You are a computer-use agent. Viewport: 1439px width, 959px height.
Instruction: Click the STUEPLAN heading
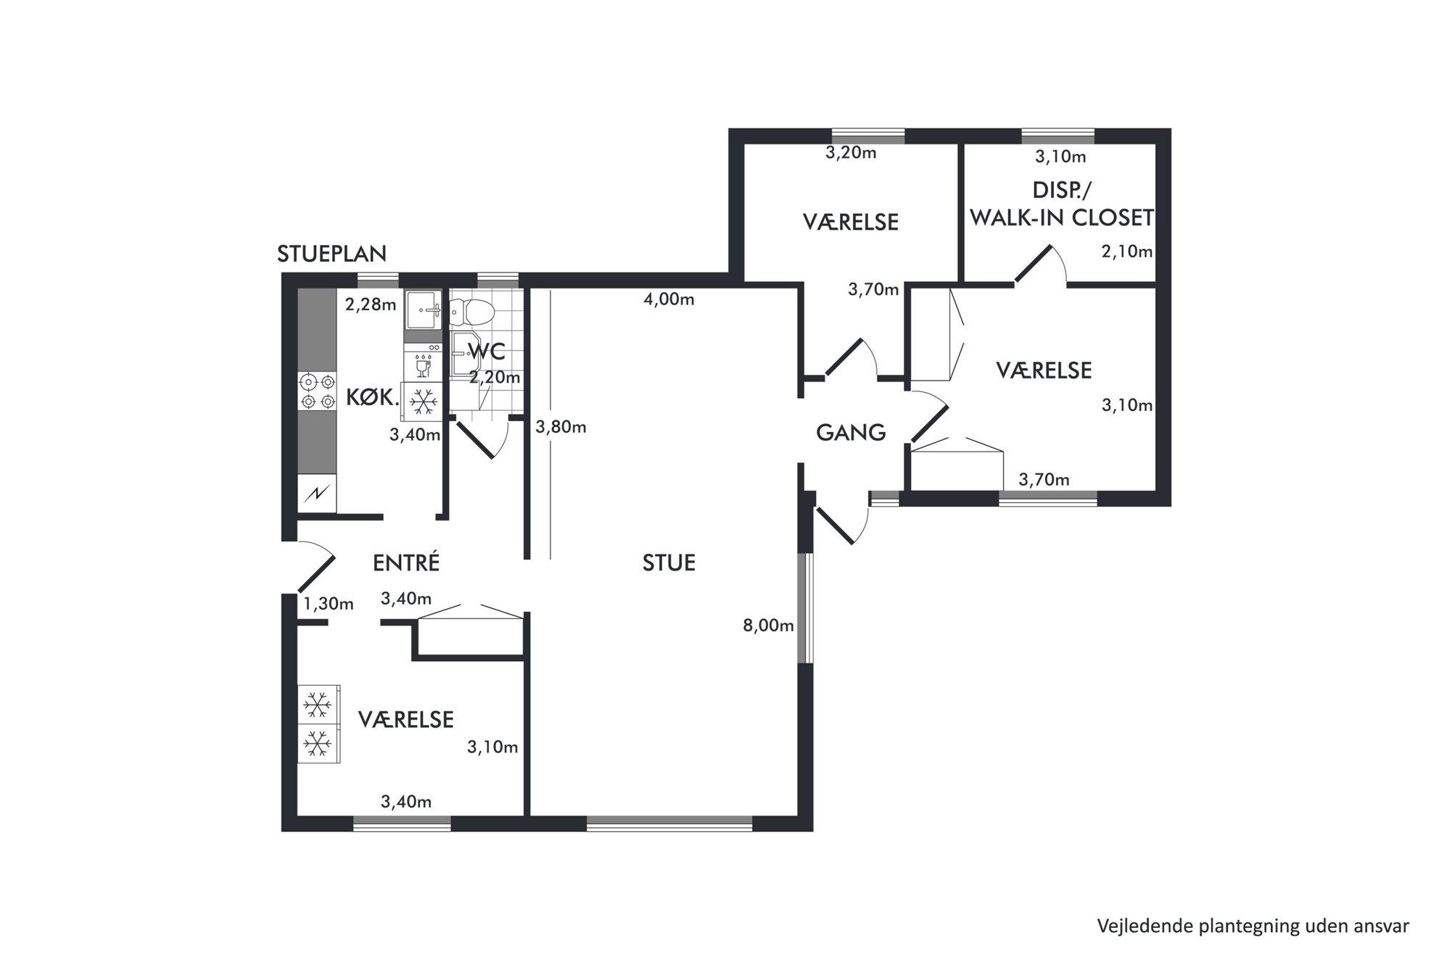(x=331, y=254)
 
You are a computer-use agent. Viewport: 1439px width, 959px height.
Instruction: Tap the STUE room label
(x=669, y=563)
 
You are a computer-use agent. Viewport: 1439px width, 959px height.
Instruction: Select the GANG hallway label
(x=851, y=433)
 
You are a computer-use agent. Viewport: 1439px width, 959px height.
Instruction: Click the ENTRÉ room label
(x=406, y=563)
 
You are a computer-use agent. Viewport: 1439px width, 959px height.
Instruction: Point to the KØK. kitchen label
(x=373, y=397)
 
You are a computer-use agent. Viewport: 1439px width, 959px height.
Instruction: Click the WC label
(x=487, y=352)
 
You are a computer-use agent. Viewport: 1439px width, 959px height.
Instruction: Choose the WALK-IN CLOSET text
(x=1062, y=217)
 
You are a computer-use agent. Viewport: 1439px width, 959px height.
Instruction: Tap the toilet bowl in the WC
(x=472, y=312)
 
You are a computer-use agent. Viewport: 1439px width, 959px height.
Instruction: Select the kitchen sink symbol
(x=423, y=310)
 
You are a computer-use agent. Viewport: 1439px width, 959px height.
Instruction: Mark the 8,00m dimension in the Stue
(x=768, y=626)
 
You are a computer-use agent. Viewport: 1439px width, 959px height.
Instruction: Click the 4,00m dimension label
(x=669, y=299)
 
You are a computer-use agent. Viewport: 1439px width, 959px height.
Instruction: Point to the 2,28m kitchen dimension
(x=371, y=304)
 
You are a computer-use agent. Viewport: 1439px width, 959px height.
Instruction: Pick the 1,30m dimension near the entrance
(x=328, y=604)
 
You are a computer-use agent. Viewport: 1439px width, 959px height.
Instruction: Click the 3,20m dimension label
(x=851, y=153)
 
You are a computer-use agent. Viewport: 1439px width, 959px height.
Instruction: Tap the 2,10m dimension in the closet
(x=1127, y=252)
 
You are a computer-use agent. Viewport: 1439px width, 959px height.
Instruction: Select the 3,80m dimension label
(x=561, y=428)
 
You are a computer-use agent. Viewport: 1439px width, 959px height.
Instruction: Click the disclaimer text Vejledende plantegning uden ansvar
(x=1253, y=926)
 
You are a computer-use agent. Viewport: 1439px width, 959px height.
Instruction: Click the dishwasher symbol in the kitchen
(x=423, y=362)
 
